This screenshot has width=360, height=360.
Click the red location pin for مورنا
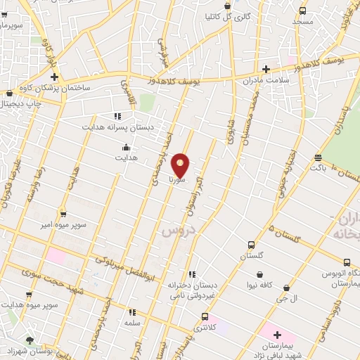[x=181, y=165]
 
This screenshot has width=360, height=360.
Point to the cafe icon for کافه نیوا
[x=260, y=274]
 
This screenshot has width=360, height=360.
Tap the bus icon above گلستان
[x=251, y=245]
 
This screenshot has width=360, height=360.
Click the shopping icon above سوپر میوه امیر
[x=63, y=213]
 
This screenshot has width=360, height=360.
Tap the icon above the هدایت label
[x=126, y=148]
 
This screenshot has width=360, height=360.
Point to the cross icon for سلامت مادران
[x=266, y=69]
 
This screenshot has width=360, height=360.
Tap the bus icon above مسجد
[x=302, y=11]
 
